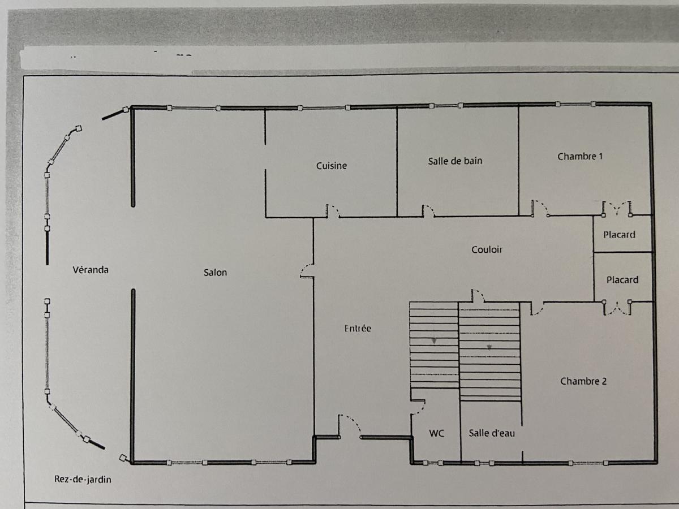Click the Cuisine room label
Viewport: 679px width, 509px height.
point(332,166)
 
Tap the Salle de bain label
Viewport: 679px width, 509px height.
point(455,161)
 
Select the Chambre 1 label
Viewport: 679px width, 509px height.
point(580,157)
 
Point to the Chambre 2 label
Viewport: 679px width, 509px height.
point(583,381)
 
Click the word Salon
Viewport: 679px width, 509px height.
point(216,273)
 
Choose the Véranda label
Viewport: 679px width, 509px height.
point(91,270)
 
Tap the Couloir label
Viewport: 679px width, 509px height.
point(487,249)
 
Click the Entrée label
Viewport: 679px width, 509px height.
point(358,328)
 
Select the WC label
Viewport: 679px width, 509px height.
point(436,433)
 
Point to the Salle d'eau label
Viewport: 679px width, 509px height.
point(492,433)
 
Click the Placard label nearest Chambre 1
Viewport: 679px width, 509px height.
point(619,235)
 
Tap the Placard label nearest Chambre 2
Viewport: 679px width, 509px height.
point(622,280)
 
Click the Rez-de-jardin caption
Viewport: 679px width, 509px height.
point(83,480)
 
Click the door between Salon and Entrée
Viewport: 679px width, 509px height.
point(307,271)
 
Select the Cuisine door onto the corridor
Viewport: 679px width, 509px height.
point(333,212)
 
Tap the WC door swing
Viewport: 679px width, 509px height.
point(418,407)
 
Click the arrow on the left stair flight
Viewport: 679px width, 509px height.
point(434,340)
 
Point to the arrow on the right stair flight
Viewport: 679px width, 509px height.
point(489,347)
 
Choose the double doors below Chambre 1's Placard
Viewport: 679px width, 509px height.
point(617,308)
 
